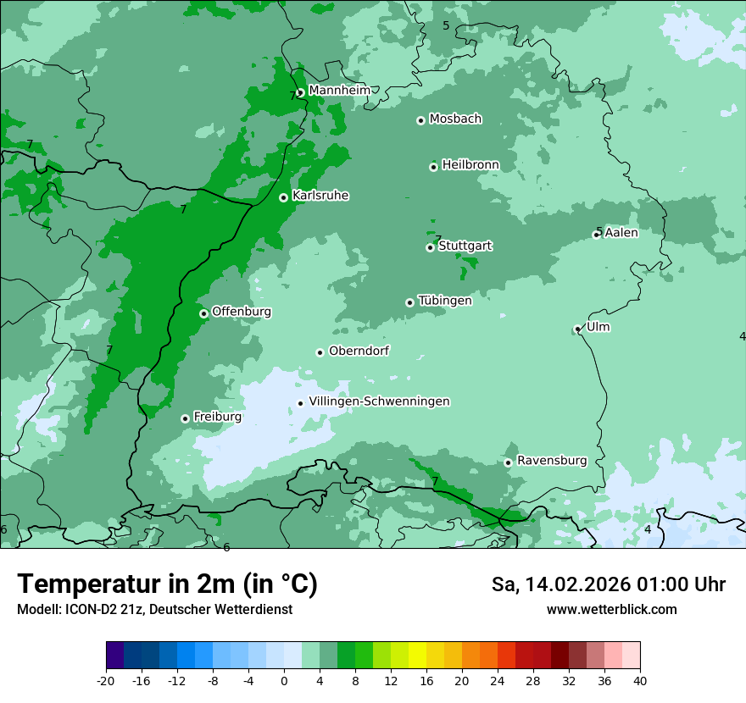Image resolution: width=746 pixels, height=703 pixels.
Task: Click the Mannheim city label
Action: tap(339, 91)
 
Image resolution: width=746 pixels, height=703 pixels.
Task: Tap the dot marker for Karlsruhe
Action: tap(283, 197)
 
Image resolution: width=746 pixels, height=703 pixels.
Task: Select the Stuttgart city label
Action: tap(465, 246)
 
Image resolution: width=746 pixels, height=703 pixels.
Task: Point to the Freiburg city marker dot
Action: tap(185, 418)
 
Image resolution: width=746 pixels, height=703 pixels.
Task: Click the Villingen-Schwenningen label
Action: tap(379, 401)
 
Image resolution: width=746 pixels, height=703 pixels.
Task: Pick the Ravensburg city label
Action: tap(551, 461)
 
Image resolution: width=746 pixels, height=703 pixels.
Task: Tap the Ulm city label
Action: tap(598, 327)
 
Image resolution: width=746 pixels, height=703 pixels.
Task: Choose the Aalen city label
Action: tap(621, 233)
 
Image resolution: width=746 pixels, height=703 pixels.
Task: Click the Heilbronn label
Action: tap(470, 165)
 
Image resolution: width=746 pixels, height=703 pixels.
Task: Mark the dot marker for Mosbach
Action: tap(420, 120)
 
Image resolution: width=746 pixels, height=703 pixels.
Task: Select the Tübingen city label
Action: tap(445, 301)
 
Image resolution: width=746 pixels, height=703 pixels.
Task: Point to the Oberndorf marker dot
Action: tap(320, 352)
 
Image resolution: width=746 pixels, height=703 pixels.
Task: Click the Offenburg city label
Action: tap(242, 312)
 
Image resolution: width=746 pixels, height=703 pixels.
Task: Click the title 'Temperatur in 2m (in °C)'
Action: tap(167, 584)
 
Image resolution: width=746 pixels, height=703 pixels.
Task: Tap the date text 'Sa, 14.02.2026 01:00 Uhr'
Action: tap(608, 584)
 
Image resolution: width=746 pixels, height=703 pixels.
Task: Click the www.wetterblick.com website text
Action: tap(611, 610)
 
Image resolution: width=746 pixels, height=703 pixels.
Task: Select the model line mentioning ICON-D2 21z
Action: tap(154, 610)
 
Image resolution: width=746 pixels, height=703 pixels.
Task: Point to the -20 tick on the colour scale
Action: tap(106, 680)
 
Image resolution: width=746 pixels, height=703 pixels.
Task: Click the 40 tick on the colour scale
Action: tap(640, 680)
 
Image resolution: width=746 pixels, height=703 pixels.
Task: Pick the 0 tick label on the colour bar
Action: tap(284, 680)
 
